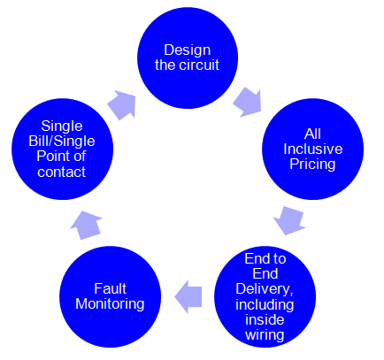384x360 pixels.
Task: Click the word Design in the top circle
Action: [x=188, y=50]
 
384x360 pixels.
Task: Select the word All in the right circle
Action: [x=312, y=134]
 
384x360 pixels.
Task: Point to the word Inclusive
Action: [x=313, y=149]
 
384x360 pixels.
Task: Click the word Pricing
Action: [x=312, y=165]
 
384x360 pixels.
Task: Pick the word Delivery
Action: [x=265, y=289]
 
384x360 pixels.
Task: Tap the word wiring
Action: [x=265, y=335]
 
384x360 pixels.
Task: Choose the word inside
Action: [x=265, y=319]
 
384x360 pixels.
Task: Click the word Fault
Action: [x=111, y=288]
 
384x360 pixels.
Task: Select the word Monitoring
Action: [x=110, y=304]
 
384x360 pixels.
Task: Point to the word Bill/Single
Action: [x=62, y=142]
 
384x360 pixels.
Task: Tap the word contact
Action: [x=62, y=172]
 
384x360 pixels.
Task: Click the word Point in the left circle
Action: [x=50, y=156]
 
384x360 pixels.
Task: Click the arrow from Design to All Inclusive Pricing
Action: [x=248, y=102]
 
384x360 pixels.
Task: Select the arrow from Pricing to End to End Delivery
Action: [x=289, y=220]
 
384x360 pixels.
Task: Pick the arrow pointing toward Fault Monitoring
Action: [x=188, y=296]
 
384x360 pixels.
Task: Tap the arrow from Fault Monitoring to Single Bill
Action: [x=86, y=225]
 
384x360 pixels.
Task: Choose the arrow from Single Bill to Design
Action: [x=122, y=104]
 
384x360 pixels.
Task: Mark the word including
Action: [x=265, y=304]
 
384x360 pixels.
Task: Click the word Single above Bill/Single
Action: [x=62, y=126]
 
